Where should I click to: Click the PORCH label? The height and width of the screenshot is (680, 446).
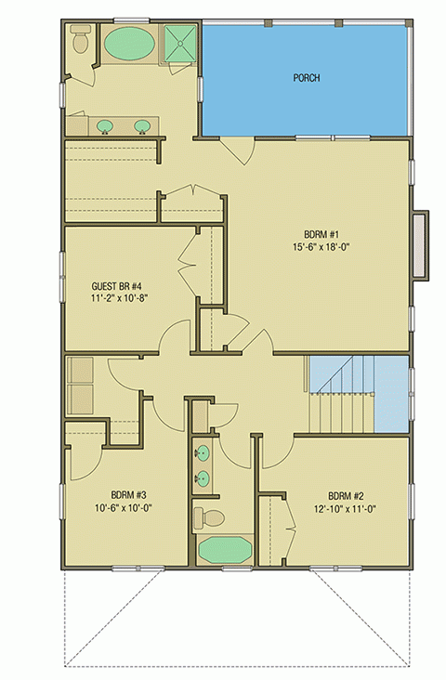pyautogui.click(x=307, y=78)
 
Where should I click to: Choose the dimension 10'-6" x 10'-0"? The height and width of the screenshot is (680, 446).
pyautogui.click(x=103, y=508)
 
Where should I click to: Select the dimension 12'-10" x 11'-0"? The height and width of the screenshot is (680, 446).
pyautogui.click(x=344, y=508)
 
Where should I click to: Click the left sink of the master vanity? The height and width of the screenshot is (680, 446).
pyautogui.click(x=105, y=125)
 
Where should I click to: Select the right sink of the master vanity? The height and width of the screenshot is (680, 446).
pyautogui.click(x=144, y=125)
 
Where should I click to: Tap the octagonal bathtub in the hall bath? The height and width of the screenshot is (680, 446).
pyautogui.click(x=224, y=549)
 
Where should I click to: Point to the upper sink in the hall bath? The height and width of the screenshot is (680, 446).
pyautogui.click(x=203, y=454)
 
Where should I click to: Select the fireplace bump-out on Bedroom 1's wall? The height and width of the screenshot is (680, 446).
pyautogui.click(x=422, y=244)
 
